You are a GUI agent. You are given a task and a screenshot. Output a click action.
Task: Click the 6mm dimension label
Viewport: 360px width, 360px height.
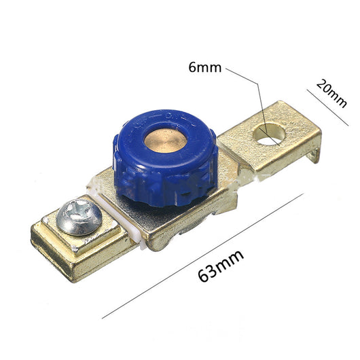pos(205,68)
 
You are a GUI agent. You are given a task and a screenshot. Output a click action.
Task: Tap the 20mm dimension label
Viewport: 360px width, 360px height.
pos(331,94)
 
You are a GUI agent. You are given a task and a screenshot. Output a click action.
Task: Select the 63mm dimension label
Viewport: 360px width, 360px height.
pos(221,266)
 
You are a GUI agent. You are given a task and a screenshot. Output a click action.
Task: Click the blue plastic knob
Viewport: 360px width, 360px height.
pos(165,158)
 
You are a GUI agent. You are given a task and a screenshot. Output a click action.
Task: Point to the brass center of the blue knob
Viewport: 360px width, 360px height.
pos(165,141)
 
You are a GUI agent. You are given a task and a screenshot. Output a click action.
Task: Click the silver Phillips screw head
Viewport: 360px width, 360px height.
pos(79,217)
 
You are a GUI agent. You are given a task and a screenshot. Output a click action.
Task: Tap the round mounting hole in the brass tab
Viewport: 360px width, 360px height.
pos(269,134)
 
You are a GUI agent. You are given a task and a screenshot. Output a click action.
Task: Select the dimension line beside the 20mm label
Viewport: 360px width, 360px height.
pos(327,108)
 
